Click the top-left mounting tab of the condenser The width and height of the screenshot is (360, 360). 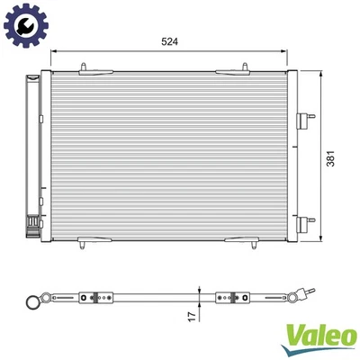coord(84,67)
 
